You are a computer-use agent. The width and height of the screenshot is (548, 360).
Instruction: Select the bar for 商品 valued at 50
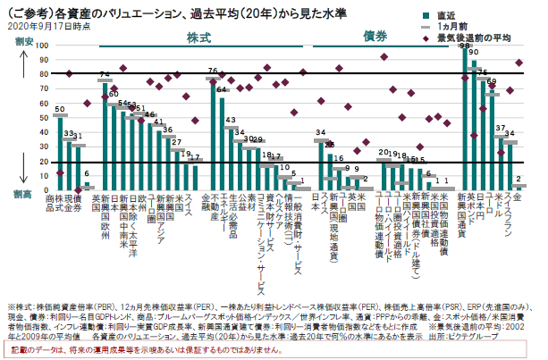pyautogui.click(x=60, y=152)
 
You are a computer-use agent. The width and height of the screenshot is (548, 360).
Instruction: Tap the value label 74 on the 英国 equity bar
pyautogui.click(x=105, y=73)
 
